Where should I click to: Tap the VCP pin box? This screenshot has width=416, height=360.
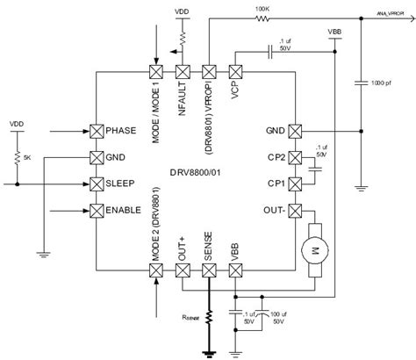pyautogui.click(x=235, y=72)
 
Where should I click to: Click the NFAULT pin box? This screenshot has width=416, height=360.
pyautogui.click(x=183, y=72)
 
